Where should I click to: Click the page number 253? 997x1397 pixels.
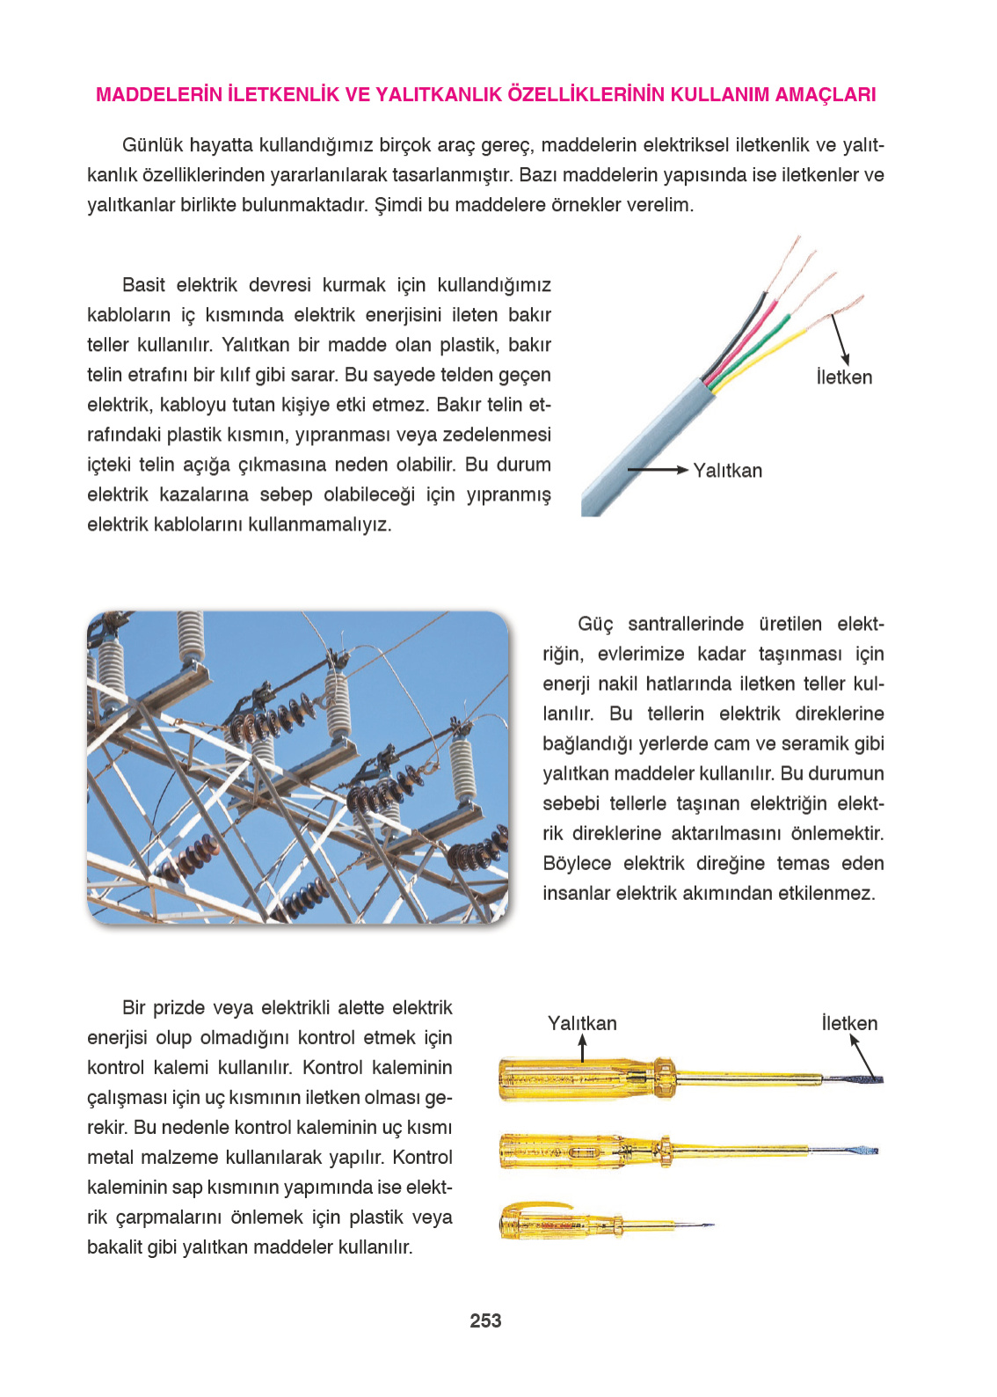(x=485, y=1320)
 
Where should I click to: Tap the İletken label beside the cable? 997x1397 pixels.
(x=844, y=377)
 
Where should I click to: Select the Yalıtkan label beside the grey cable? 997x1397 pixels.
(x=727, y=471)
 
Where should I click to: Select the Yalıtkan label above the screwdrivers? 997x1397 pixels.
(x=582, y=1023)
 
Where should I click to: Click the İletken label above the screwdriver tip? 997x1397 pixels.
(x=849, y=1023)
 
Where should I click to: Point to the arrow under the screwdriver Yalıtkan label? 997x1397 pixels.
(x=582, y=1048)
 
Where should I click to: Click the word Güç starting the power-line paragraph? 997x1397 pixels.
(x=595, y=625)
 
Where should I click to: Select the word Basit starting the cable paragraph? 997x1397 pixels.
(x=143, y=285)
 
